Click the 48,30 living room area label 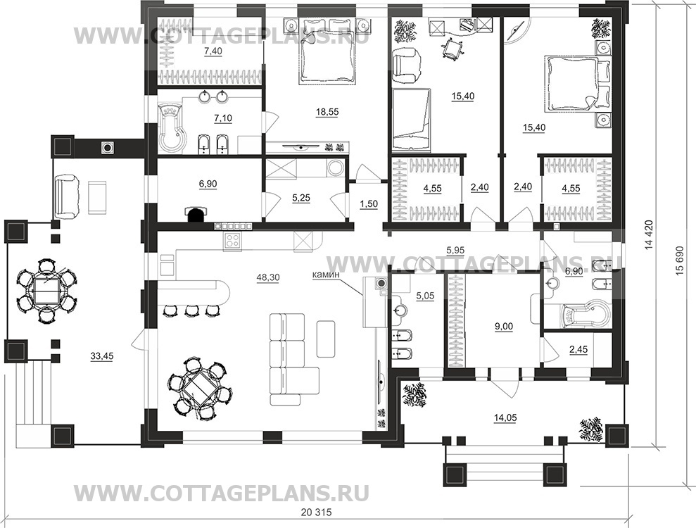coord(269,277)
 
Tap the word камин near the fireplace coord(327,277)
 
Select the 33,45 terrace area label coord(103,356)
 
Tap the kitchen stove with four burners coord(232,241)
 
